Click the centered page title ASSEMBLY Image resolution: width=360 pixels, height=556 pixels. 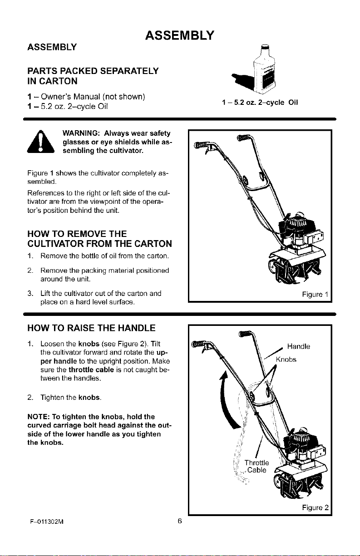coord(179,35)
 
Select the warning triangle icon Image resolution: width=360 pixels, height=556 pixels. coord(41,141)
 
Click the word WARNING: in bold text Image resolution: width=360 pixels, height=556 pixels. coord(81,133)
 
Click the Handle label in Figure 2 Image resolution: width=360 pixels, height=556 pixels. coord(299,346)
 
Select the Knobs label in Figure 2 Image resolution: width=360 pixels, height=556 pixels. coord(286,359)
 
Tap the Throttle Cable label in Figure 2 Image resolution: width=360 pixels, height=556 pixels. coord(256,467)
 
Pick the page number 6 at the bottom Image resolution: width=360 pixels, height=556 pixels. coord(180,521)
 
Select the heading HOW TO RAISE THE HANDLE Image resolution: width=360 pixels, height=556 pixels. coord(91,328)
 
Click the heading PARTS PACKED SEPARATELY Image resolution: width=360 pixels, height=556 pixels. coord(93,71)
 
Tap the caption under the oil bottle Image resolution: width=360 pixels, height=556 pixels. coord(260,103)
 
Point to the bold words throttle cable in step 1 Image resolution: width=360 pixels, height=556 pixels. coord(91,370)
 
